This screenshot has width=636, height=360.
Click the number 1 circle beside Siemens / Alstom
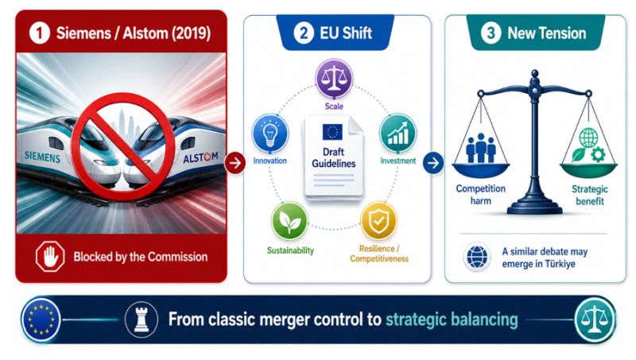pos(40,33)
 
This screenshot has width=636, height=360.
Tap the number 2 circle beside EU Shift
pos(304,33)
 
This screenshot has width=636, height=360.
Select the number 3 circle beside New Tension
pos(491,33)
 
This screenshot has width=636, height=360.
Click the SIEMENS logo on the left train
pos(42,157)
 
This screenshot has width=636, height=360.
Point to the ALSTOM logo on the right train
pos(200,157)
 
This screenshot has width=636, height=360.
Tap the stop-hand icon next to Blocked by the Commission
pos(50,256)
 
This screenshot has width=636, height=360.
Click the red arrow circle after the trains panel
pos(235,163)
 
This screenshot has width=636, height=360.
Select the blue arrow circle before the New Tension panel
pos(433,163)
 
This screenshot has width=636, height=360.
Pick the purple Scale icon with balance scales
pos(334,79)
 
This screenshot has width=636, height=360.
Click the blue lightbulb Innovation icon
pos(270,134)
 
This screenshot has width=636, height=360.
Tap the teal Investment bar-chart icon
pos(397,133)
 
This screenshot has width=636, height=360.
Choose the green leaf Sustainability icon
pos(289,221)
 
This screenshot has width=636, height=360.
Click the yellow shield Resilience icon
pos(379,221)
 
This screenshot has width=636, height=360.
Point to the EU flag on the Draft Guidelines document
pos(332,132)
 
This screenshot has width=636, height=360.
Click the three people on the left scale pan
pos(481,148)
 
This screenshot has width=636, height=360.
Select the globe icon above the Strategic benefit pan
pos(588,137)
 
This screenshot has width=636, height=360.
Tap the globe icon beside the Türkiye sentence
pos(477,257)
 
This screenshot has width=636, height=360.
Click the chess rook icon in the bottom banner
pos(142,319)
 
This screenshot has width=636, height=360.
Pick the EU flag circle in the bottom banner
pos(41,319)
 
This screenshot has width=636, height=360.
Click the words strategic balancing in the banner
pos(452,319)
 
